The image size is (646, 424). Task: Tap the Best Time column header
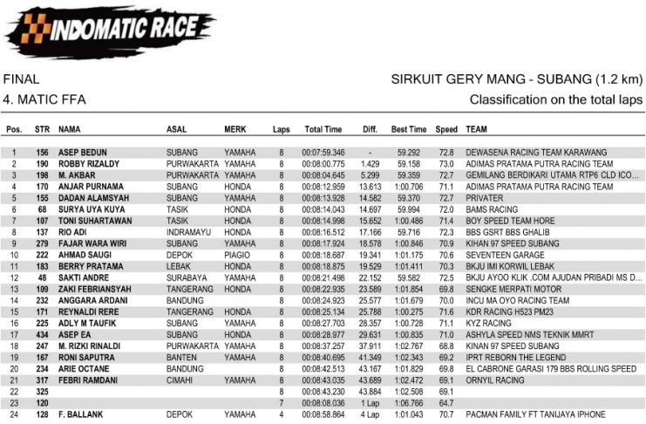click(x=409, y=130)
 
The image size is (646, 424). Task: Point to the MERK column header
click(x=235, y=130)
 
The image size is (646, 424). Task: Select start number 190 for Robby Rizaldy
click(x=42, y=164)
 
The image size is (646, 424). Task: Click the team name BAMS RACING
click(x=493, y=209)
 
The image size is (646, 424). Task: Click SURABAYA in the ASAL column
click(x=185, y=277)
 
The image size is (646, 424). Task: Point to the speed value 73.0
click(x=446, y=164)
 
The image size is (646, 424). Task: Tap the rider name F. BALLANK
click(x=79, y=414)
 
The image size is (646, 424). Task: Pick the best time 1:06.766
click(x=409, y=403)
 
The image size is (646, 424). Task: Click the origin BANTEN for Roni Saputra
click(x=180, y=357)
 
